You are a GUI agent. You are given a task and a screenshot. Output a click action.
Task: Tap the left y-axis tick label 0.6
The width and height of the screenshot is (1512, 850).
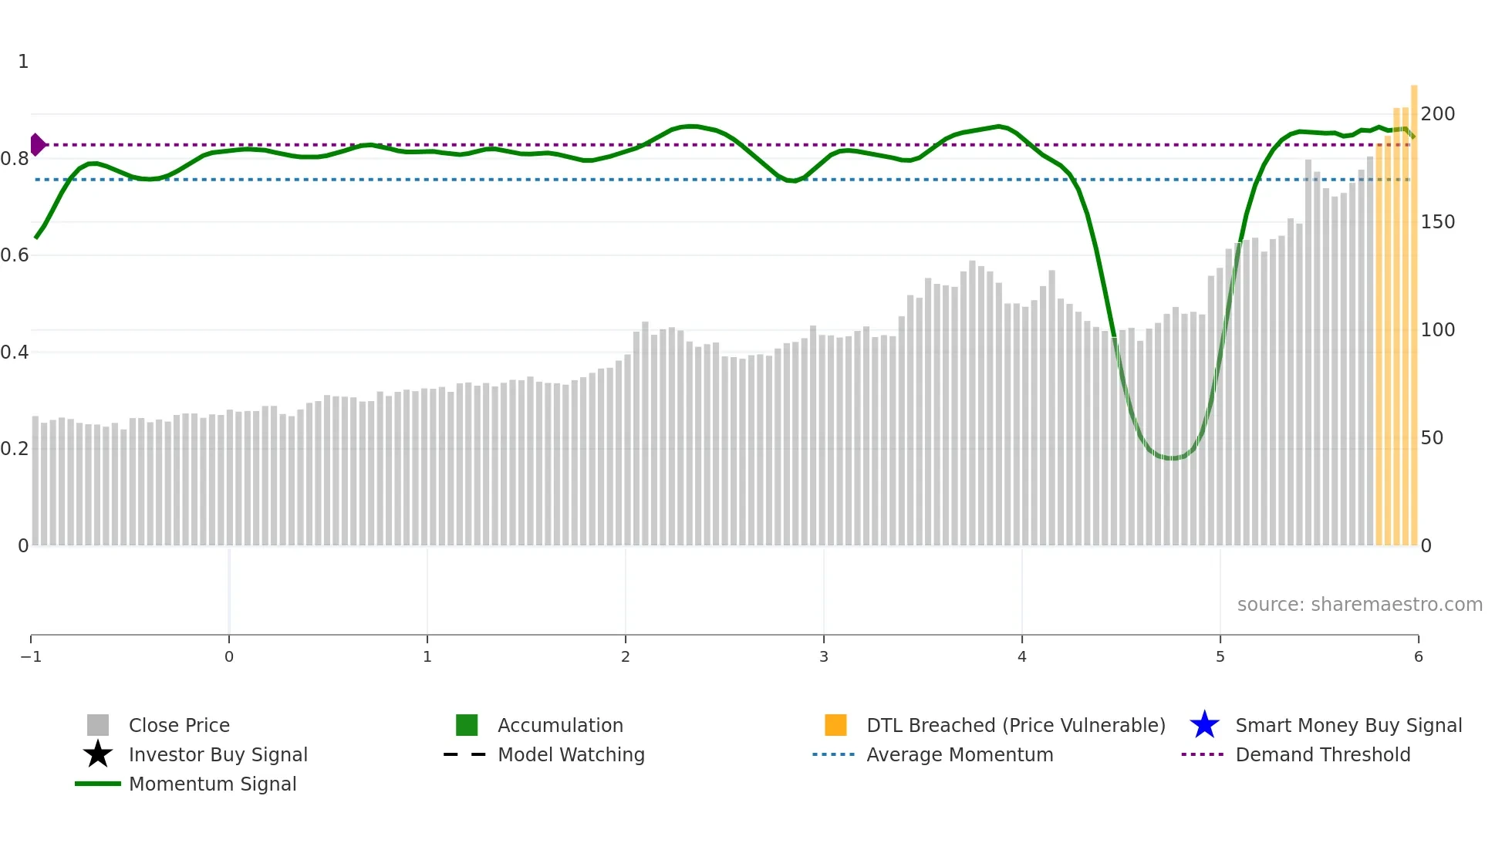point(15,255)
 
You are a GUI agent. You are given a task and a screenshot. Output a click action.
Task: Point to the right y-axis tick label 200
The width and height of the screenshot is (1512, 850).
point(1438,114)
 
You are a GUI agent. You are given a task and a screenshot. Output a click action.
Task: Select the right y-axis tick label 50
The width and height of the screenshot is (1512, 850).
point(1432,438)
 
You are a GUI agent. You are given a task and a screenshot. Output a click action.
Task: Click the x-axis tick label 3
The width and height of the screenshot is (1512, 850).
point(824,657)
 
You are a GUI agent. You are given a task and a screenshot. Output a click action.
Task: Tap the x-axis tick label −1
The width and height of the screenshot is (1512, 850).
point(31,657)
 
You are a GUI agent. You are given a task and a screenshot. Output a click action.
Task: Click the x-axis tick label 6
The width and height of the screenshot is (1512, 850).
point(1418,657)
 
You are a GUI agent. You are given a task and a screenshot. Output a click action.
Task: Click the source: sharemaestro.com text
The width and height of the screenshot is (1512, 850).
point(1359,605)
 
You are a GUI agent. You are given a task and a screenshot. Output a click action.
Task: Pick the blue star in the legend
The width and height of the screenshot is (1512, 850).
point(1204,725)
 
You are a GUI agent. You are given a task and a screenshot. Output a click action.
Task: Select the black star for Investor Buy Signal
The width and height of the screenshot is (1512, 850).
point(98,754)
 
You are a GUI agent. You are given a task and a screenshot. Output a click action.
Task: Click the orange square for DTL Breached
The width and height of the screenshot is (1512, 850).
point(835,725)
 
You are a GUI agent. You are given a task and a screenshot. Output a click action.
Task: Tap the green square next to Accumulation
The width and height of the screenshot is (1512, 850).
point(467,725)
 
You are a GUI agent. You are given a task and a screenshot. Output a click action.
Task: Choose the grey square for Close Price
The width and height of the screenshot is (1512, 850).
point(98,725)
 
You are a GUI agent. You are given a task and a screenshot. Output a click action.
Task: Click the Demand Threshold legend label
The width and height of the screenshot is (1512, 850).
point(1322,754)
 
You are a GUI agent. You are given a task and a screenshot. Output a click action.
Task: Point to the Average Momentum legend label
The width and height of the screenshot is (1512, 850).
point(960,754)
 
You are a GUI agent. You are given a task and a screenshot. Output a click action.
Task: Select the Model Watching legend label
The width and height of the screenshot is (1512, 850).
point(571,754)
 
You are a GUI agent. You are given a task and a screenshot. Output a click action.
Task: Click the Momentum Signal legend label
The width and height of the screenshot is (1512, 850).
point(212,784)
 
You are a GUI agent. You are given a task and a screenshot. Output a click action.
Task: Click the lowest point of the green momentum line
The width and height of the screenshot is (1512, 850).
point(1173,458)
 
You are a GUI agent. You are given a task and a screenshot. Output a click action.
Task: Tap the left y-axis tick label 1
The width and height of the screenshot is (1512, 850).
point(23,62)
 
